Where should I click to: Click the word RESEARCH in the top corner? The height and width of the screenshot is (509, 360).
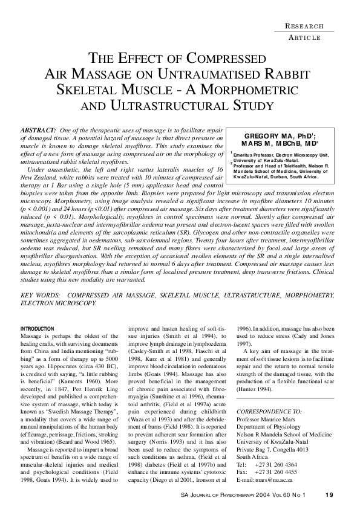(x=304, y=26)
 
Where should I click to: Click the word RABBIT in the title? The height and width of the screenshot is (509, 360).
(x=278, y=75)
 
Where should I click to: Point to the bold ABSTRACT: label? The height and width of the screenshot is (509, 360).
(x=39, y=131)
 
